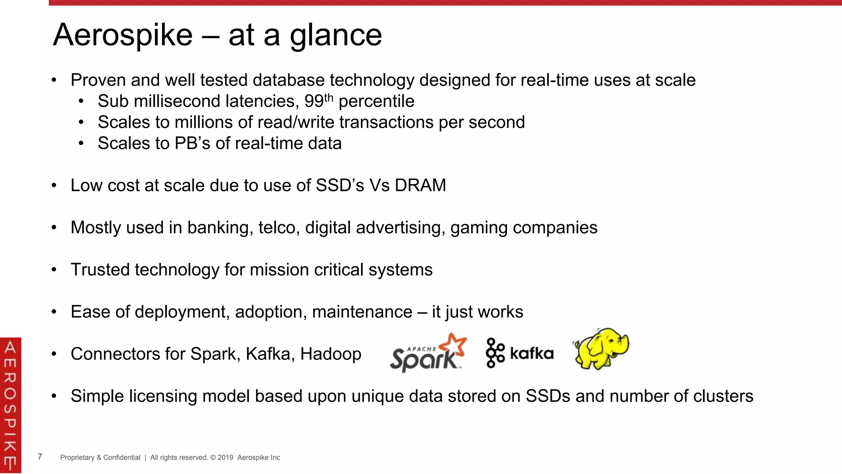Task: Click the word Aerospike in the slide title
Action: tap(123, 35)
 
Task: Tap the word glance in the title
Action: tap(335, 36)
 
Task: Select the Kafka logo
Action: tap(520, 353)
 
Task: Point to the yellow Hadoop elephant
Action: tap(601, 349)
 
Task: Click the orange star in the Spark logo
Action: tap(456, 344)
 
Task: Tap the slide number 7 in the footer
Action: tap(40, 457)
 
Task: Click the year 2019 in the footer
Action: tap(225, 458)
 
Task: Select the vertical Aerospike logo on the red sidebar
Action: tap(10, 405)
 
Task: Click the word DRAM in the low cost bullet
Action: tap(420, 186)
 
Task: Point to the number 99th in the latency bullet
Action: tap(318, 101)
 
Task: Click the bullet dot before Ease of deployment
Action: tap(54, 312)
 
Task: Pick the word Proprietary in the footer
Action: tap(77, 458)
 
